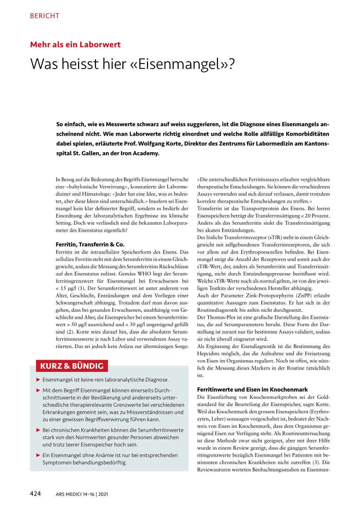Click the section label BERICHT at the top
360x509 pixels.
[x=45, y=16]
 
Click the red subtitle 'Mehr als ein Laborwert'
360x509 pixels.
[x=75, y=45]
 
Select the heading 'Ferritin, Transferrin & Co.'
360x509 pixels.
[x=90, y=244]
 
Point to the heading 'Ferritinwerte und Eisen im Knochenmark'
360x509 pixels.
[x=252, y=389]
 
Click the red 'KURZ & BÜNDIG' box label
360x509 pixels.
[x=72, y=366]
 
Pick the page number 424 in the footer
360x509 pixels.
[x=35, y=494]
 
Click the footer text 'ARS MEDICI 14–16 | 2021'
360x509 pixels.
[x=82, y=494]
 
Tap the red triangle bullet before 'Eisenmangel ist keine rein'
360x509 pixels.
[x=38, y=380]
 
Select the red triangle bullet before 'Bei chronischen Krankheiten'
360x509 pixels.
[x=38, y=430]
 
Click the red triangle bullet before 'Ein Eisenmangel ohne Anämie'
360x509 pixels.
[x=38, y=455]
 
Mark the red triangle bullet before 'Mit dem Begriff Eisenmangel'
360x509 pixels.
[x=38, y=390]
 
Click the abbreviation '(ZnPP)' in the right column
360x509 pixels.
[x=304, y=296]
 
